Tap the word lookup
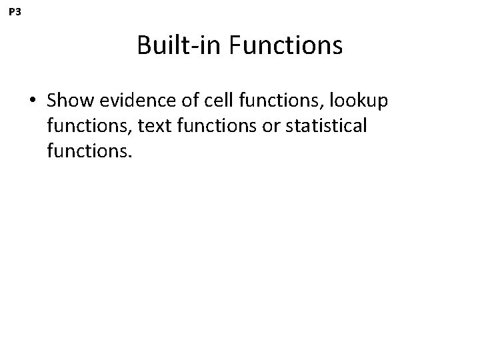(361, 102)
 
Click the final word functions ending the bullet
(90, 151)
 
